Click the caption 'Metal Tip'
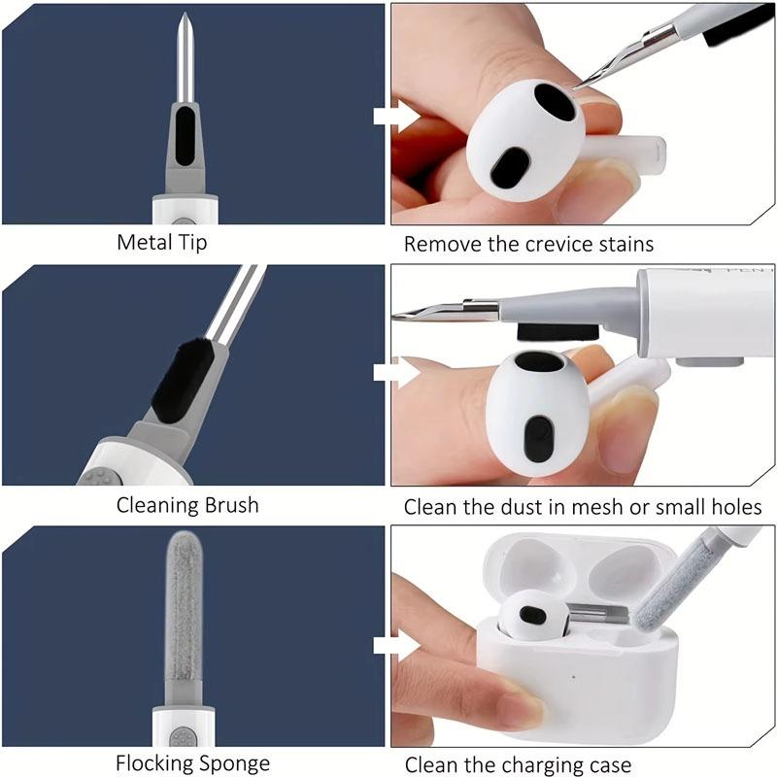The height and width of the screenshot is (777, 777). tap(162, 242)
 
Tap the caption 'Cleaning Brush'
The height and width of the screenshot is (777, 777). tap(188, 505)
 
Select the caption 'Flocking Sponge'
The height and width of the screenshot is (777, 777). tap(192, 763)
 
